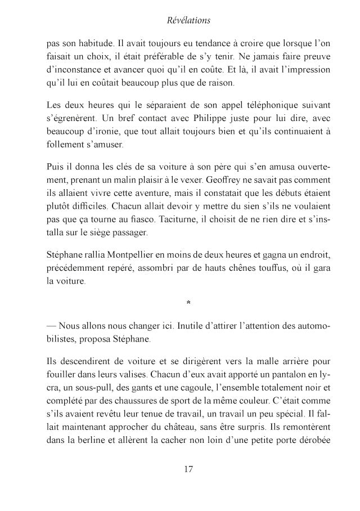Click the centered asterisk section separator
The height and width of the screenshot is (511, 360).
(188, 305)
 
